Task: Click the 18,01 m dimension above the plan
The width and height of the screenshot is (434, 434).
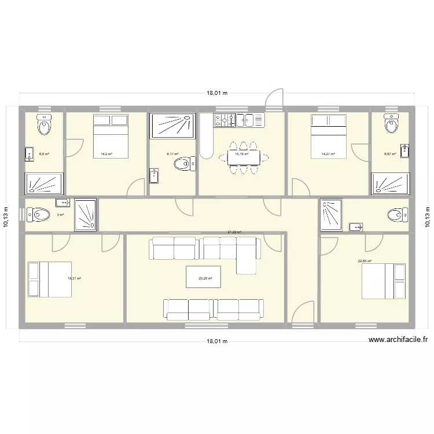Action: point(217,93)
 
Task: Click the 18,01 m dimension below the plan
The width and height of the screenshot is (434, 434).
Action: point(217,341)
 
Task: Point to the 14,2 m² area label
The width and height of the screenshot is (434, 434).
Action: point(106,154)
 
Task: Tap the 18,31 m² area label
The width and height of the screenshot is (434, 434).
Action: point(74,278)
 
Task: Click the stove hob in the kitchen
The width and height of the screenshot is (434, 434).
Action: point(225,120)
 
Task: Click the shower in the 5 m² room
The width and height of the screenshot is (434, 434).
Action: point(86,215)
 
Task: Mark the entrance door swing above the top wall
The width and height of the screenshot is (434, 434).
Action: point(274,98)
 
